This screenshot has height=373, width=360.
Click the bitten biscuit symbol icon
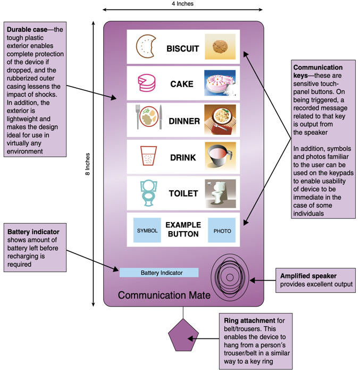[x=145, y=47]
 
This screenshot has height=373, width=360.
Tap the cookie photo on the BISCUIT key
[x=220, y=48]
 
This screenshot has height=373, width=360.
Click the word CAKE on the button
[x=182, y=84]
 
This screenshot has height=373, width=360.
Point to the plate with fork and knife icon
[x=148, y=117]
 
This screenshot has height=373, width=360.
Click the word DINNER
[x=184, y=121]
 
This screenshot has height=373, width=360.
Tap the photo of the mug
[x=220, y=157]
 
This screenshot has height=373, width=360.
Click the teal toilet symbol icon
[x=148, y=193]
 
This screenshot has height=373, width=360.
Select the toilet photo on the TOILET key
[x=220, y=193]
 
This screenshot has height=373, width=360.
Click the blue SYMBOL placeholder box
[x=147, y=231]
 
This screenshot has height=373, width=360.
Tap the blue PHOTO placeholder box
[x=222, y=231]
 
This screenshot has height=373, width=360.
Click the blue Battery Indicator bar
[x=159, y=273]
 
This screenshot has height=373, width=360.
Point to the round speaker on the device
[x=230, y=276]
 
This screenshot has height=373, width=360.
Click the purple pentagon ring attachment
[x=183, y=336]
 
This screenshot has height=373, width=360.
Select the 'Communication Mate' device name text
[x=164, y=295]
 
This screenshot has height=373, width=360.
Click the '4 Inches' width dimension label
[x=182, y=4]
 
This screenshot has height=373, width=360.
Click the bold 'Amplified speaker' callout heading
[x=308, y=276]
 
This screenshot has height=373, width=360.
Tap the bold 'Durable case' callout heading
[x=26, y=30]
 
